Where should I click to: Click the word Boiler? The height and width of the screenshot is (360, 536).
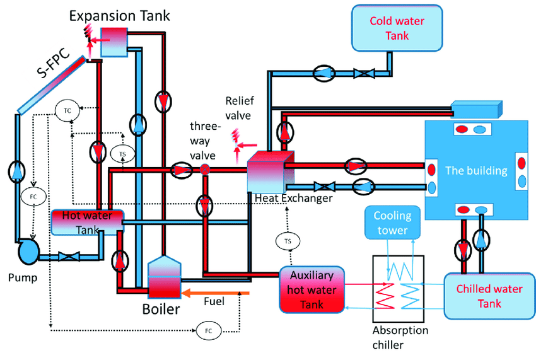point(160,309)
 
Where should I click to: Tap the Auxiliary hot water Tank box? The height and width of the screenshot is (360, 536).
point(313,289)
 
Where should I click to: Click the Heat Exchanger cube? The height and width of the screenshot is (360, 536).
point(269,170)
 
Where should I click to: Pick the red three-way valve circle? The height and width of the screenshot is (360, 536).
point(204,169)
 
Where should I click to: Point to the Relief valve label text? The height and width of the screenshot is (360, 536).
point(240,108)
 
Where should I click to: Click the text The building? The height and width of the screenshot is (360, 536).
point(476,170)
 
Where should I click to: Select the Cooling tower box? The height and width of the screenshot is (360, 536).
point(392,223)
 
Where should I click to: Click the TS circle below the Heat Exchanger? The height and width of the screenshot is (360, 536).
point(288,241)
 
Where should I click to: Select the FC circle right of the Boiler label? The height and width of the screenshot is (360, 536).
point(208,330)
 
